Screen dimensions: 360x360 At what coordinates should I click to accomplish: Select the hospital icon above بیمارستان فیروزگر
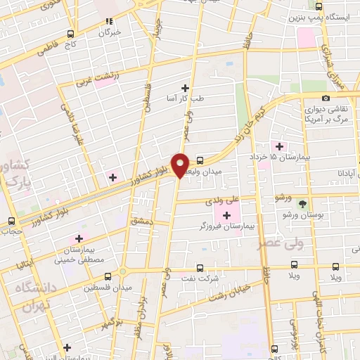coord(226,214)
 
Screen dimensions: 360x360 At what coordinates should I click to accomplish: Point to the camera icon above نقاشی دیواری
coord(326,98)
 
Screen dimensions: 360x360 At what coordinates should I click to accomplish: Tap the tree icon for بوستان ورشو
coord(303,204)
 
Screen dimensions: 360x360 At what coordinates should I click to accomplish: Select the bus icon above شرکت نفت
coord(200,268)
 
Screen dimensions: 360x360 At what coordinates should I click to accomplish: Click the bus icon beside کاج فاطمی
coord(70,34)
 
